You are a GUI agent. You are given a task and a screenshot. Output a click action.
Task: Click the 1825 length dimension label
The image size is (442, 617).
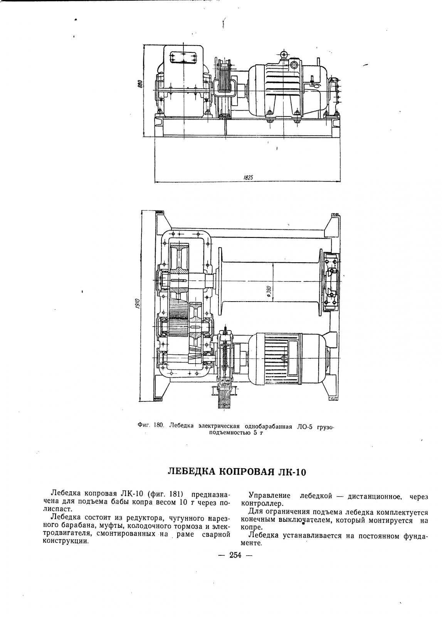(x=248, y=177)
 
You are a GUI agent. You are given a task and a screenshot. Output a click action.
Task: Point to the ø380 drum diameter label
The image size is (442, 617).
(x=269, y=291)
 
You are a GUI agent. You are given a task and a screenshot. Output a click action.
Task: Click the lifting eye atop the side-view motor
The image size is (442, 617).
(x=284, y=54)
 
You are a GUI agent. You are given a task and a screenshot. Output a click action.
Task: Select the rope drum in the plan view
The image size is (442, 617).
(x=270, y=282)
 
